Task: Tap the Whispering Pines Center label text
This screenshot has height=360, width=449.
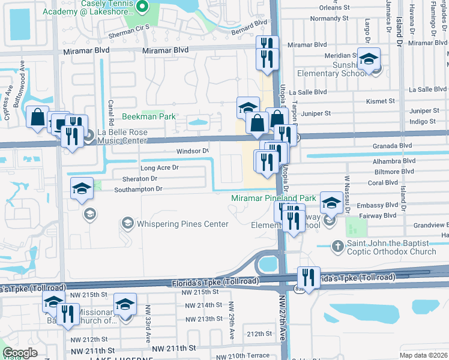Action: (x=182, y=224)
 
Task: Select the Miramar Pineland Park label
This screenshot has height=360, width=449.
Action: (x=274, y=198)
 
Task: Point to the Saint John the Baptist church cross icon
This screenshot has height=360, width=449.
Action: (x=338, y=245)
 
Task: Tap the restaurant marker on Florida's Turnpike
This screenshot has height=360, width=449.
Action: (x=309, y=278)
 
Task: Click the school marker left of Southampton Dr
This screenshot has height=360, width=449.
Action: (x=82, y=188)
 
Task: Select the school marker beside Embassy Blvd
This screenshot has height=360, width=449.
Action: (x=331, y=203)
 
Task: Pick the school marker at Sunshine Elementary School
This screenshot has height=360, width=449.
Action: (x=369, y=59)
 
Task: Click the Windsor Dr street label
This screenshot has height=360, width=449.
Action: (x=193, y=151)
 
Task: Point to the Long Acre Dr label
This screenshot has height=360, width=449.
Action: (x=159, y=168)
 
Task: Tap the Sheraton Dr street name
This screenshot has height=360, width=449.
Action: (x=140, y=179)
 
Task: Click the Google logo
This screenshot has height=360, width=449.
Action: (x=20, y=353)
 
